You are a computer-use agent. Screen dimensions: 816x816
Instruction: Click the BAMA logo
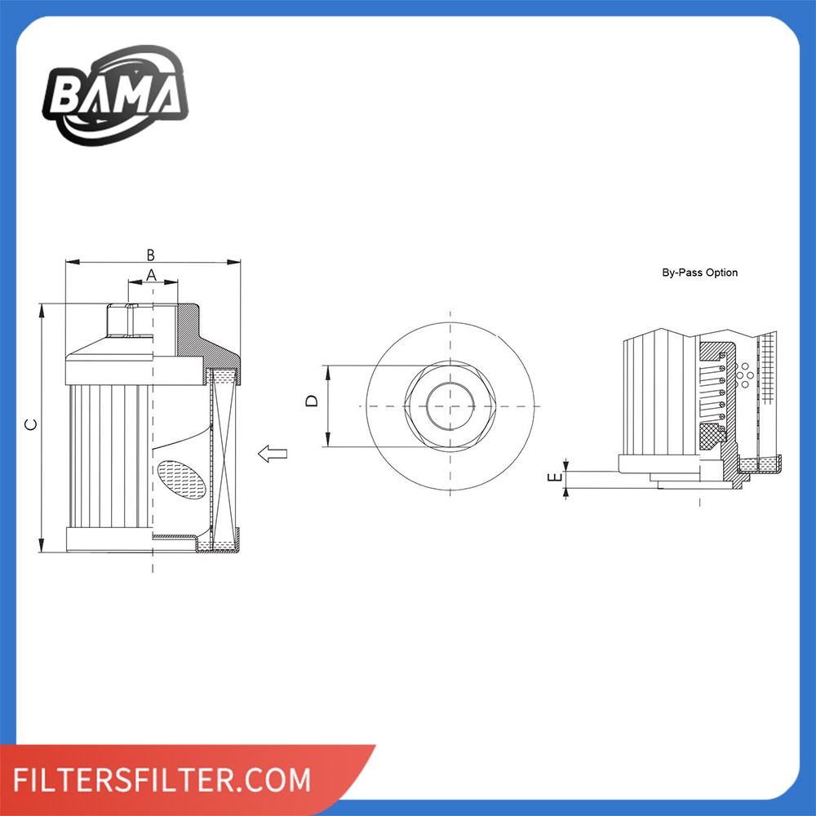[116, 95]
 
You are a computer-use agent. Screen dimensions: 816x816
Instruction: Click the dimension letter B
[150, 255]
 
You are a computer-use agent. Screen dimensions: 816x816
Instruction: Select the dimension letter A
[152, 275]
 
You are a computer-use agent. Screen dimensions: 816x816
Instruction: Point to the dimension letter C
[31, 424]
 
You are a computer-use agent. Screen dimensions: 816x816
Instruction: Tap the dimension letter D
[312, 401]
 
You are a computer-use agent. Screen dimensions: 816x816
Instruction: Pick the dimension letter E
[556, 477]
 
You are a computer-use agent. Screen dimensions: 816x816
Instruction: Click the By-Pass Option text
[699, 273]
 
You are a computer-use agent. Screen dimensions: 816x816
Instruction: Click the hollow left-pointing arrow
[273, 454]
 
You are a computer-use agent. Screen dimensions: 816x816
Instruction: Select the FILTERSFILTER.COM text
[162, 779]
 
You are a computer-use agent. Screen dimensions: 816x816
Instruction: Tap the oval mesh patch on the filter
[182, 479]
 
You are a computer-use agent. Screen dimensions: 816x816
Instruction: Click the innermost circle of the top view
[450, 406]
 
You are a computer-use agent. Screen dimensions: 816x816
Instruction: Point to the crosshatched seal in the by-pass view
[712, 435]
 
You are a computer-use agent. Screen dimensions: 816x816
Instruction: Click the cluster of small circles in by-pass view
[744, 375]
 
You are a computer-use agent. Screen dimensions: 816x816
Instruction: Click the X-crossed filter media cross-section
[224, 456]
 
